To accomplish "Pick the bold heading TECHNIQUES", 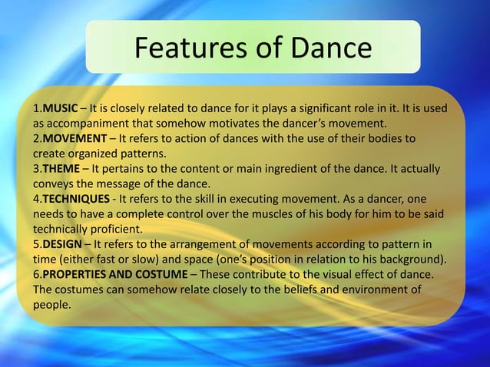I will tap(76, 198).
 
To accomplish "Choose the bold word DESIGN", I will tap(61, 243).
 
